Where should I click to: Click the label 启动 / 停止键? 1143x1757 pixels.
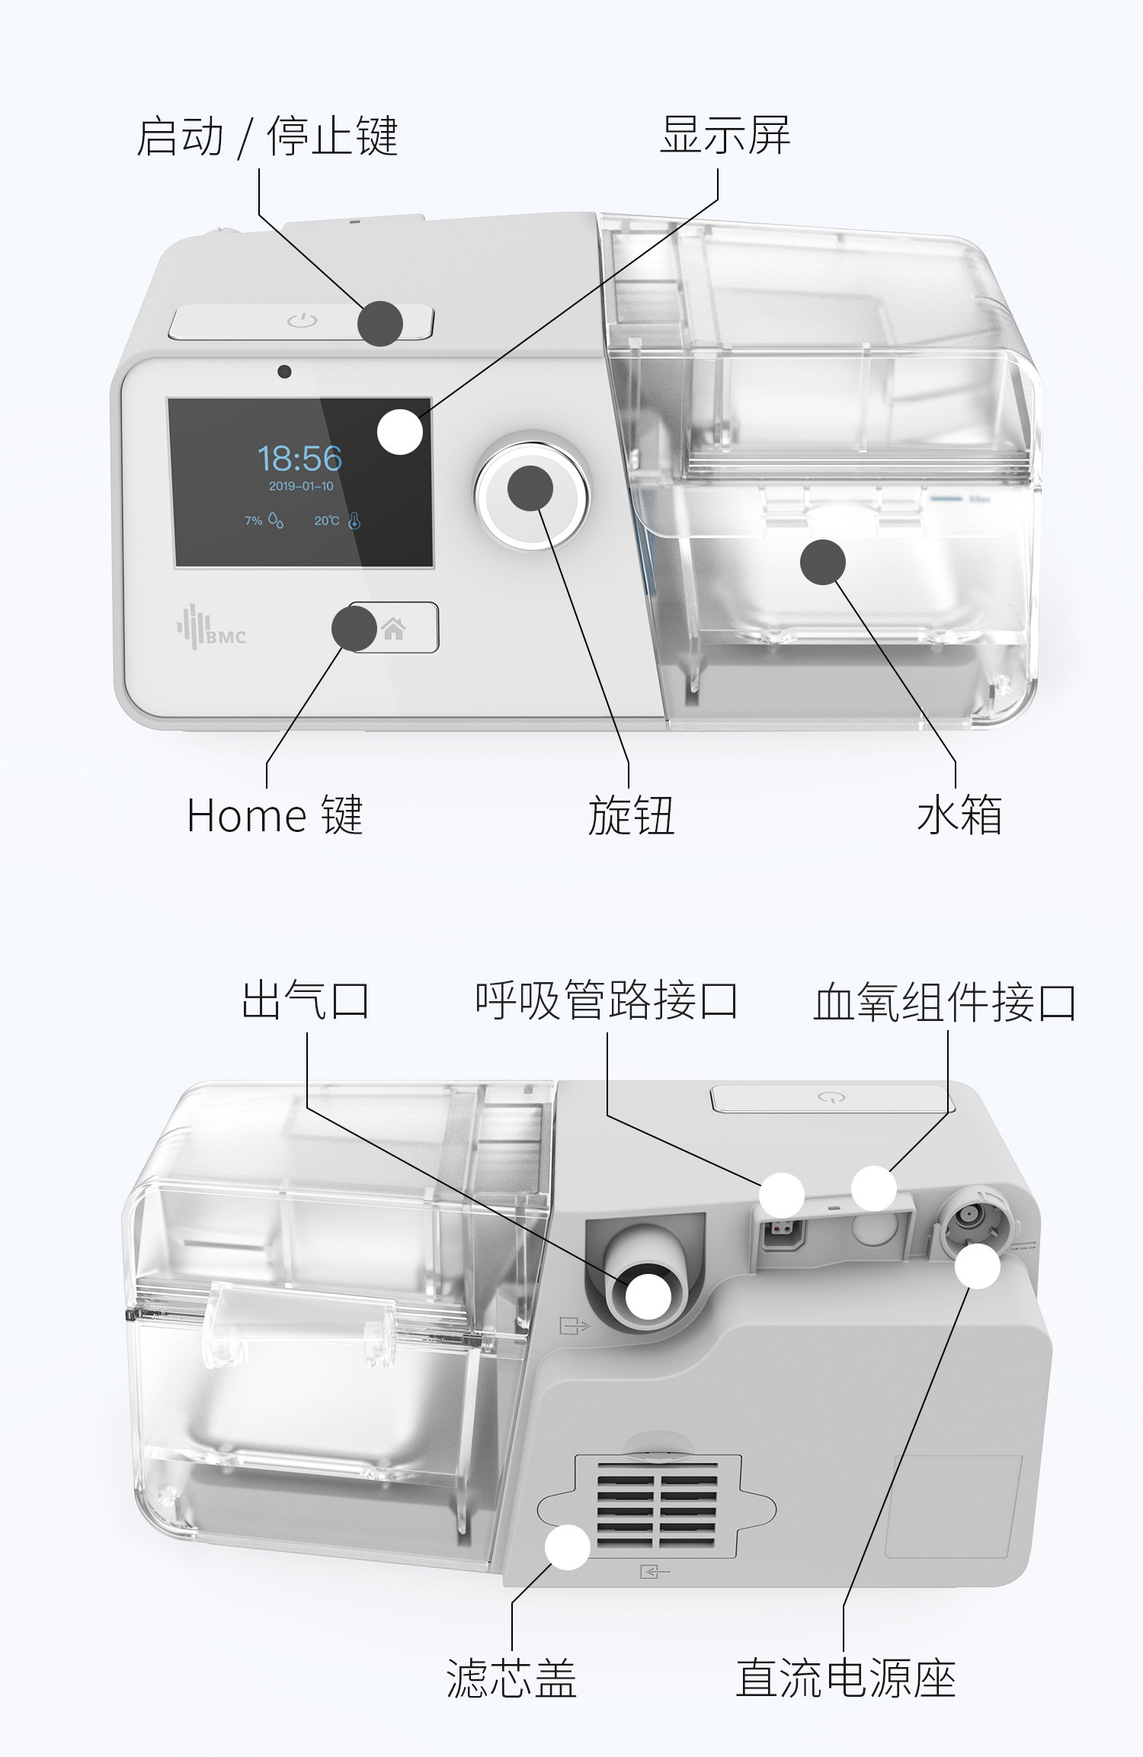pyautogui.click(x=267, y=136)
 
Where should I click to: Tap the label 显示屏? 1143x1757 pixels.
pyautogui.click(x=725, y=135)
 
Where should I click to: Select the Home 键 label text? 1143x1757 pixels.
pyautogui.click(x=274, y=815)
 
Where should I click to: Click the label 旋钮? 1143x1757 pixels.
pyautogui.click(x=630, y=815)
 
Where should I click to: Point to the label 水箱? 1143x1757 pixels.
pyautogui.click(x=959, y=815)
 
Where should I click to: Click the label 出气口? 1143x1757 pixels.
pyautogui.click(x=306, y=1000)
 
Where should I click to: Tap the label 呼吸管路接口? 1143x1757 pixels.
pyautogui.click(x=607, y=1000)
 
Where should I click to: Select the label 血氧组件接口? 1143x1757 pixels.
pyautogui.click(x=945, y=1002)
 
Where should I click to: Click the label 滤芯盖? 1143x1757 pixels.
pyautogui.click(x=511, y=1679)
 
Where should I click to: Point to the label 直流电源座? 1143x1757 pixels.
pyautogui.click(x=845, y=1679)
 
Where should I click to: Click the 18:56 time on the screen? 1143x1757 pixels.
pyautogui.click(x=299, y=459)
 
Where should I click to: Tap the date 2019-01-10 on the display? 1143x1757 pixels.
pyautogui.click(x=301, y=486)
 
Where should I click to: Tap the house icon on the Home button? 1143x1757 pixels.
pyautogui.click(x=394, y=629)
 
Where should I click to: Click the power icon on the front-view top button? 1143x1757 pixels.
pyautogui.click(x=302, y=321)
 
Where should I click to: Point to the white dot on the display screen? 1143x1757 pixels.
pyautogui.click(x=400, y=432)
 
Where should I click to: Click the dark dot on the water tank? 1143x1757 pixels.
pyautogui.click(x=823, y=562)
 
